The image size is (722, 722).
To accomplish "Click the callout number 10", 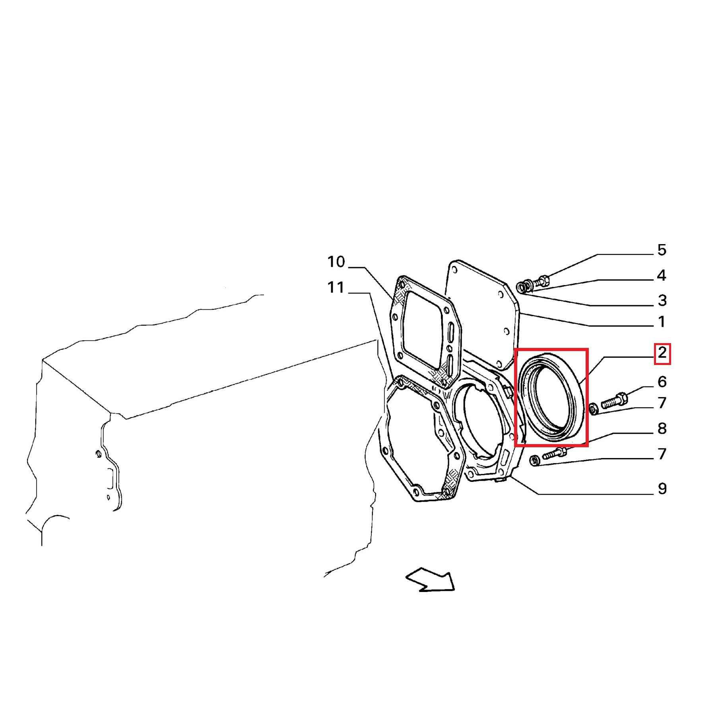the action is coord(336,262).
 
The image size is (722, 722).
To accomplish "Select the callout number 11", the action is coord(336,287).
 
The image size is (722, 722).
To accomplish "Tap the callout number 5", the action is coord(662,250).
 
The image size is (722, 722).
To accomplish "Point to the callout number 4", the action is coord(662,275).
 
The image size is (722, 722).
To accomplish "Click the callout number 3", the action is coord(662,301).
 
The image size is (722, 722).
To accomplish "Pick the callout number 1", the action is coord(662,322).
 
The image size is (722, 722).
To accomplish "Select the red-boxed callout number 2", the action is coord(662,352).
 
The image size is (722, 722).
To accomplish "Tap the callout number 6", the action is coord(662,382).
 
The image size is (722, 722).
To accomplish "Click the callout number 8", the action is coord(662,429).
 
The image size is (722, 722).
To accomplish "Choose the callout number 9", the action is coord(662,489).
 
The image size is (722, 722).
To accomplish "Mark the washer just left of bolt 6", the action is coord(593,408).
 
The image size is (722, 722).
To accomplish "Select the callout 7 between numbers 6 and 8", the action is coord(662,403).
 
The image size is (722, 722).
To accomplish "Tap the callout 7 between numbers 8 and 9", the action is coord(662,454).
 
